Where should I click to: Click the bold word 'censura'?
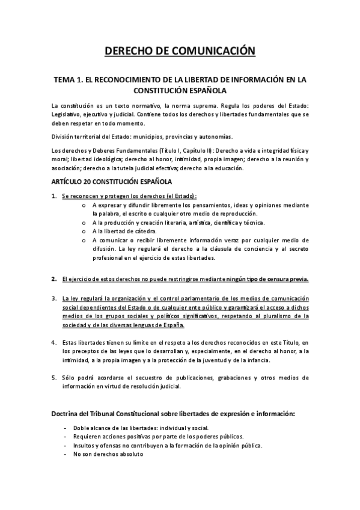point(279,279)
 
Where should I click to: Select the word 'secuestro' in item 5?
point(154,378)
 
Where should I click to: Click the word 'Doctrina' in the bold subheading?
point(69,415)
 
